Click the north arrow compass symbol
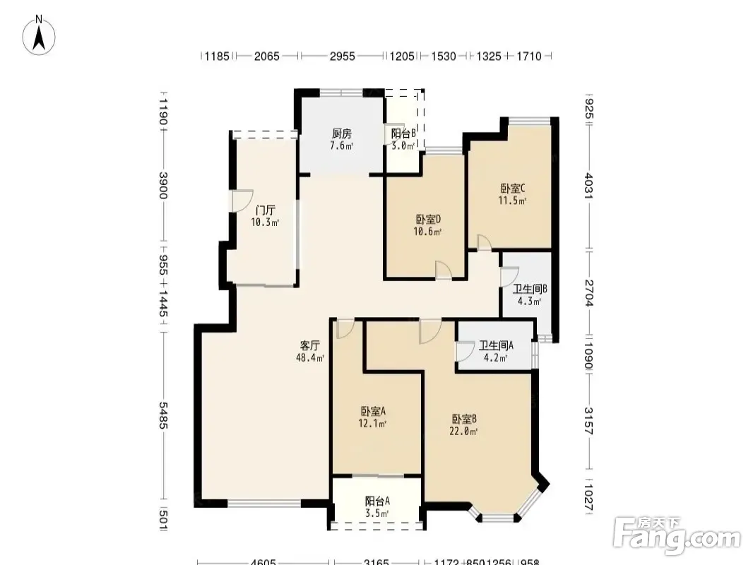[x=39, y=35]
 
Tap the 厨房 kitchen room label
[x=341, y=133]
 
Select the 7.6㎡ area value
[x=341, y=145]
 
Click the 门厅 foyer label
[x=265, y=210]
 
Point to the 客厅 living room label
[x=310, y=345]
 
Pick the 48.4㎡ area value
[x=310, y=357]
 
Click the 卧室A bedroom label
[x=373, y=411]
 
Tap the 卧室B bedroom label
[x=464, y=419]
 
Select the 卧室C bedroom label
[x=512, y=188]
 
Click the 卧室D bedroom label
[x=428, y=220]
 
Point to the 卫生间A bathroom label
[x=496, y=345]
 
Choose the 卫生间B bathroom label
[x=530, y=289]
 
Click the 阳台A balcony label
[x=377, y=501]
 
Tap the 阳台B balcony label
[x=403, y=133]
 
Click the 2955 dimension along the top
[x=342, y=56]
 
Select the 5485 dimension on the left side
[x=162, y=416]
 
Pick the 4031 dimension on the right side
[x=588, y=186]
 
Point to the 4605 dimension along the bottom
[x=263, y=561]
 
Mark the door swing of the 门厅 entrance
[x=243, y=201]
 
